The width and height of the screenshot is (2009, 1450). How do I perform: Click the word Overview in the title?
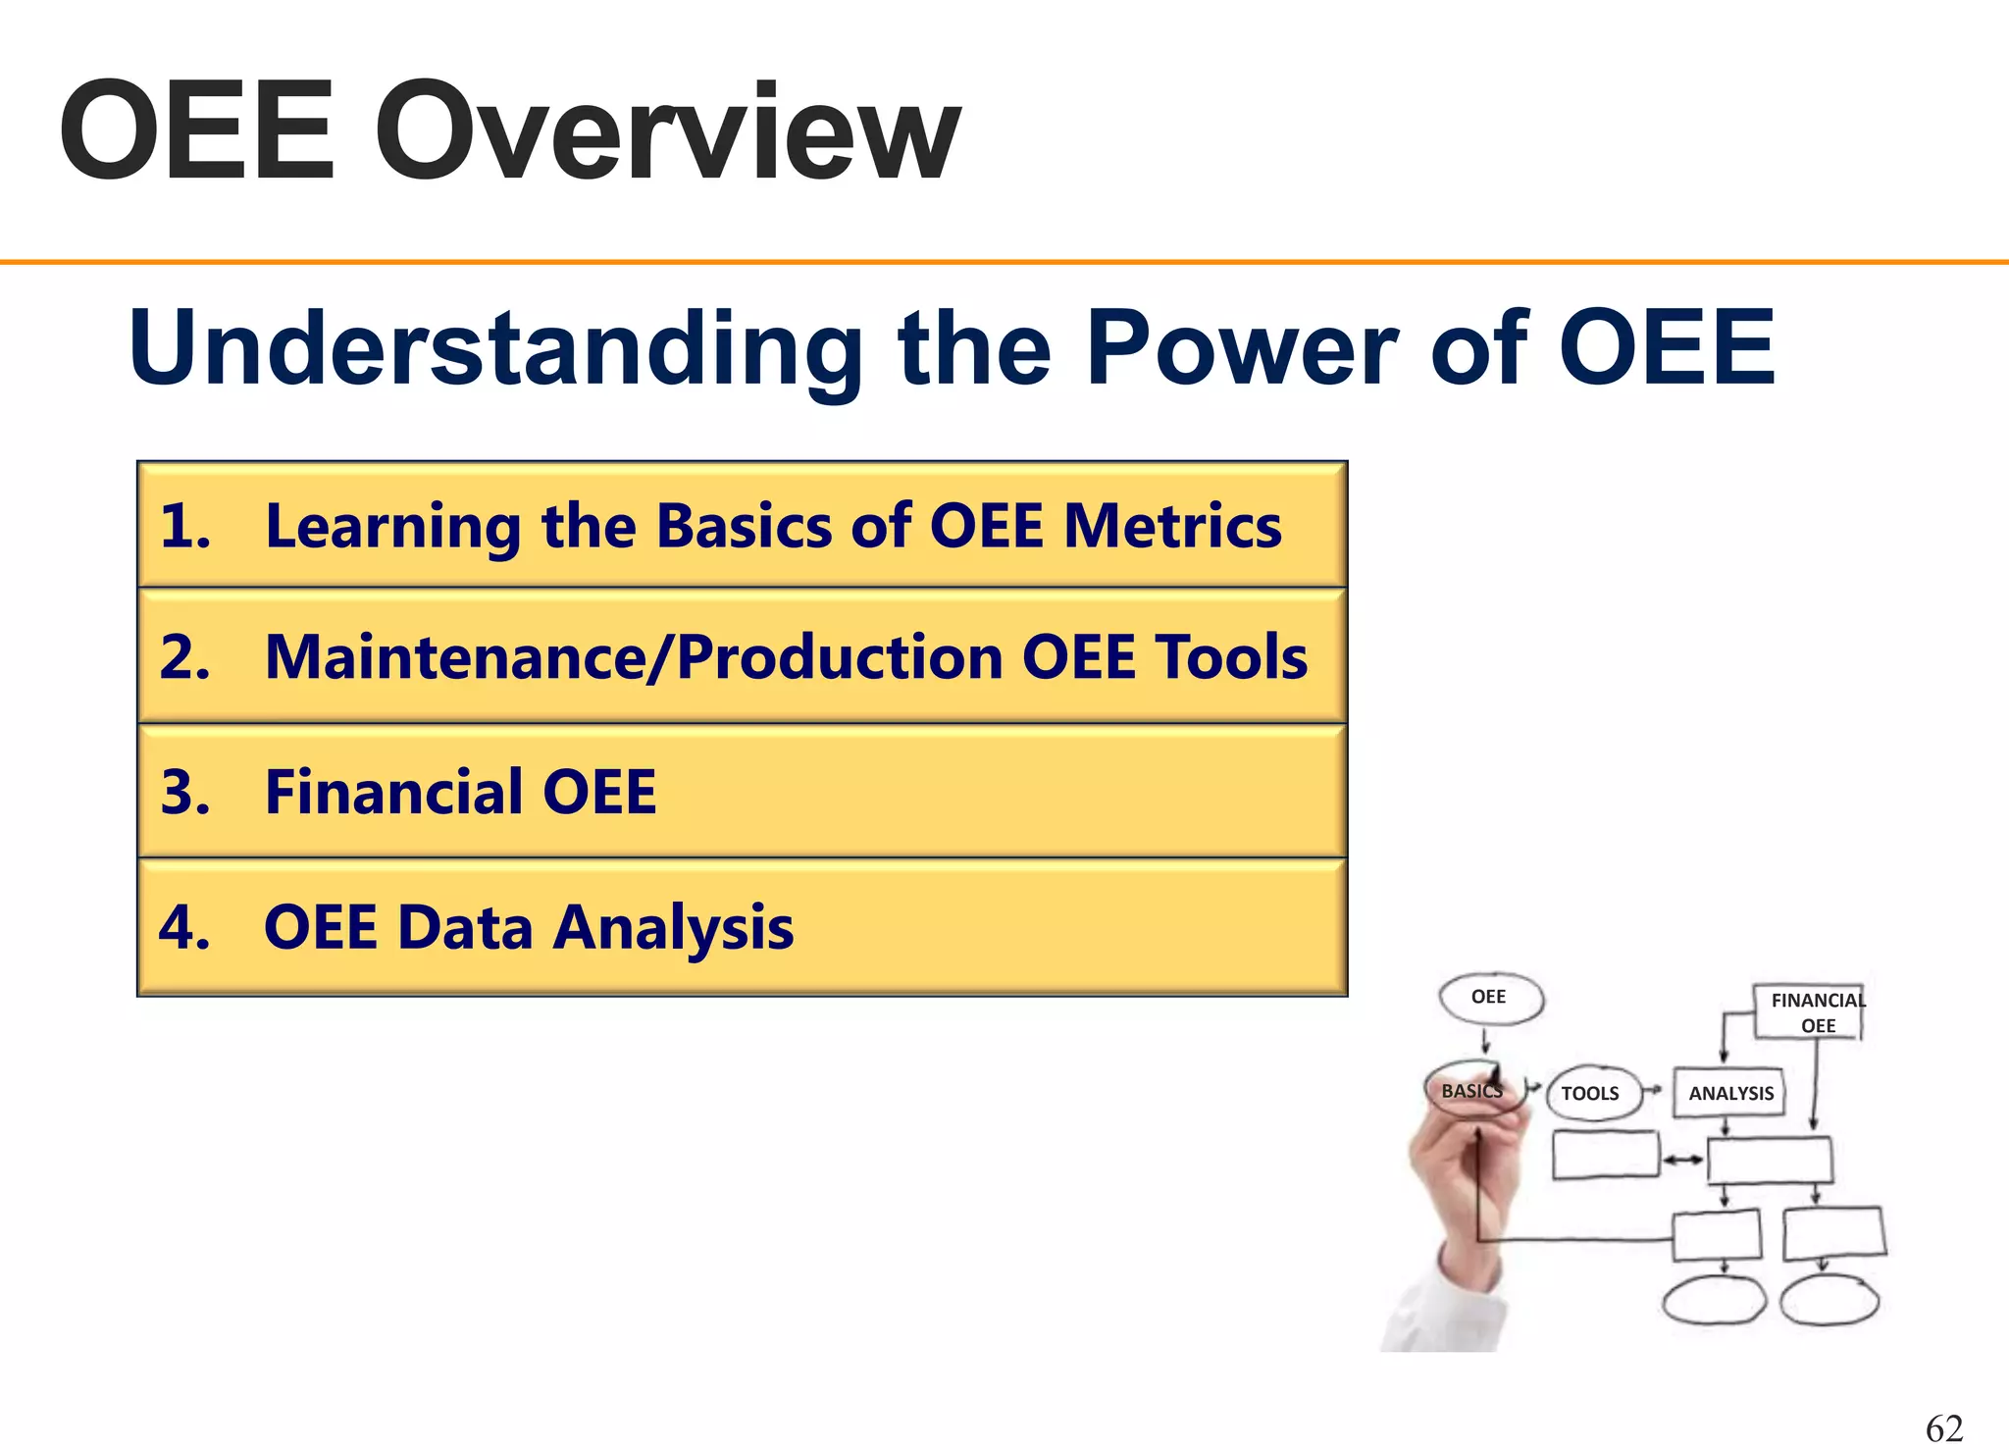tap(667, 132)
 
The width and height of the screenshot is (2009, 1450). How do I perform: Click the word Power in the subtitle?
tap(1241, 348)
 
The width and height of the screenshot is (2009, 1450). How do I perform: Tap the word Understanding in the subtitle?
tap(495, 348)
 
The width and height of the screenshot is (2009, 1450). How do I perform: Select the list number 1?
tap(184, 526)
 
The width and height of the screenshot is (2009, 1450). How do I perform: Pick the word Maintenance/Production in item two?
tap(634, 656)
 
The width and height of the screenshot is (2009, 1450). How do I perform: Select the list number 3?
tap(184, 792)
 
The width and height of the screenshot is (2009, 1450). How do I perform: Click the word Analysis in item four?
tap(673, 927)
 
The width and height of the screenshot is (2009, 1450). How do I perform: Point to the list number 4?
tap(184, 927)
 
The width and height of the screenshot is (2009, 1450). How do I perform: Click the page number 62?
tap(1944, 1427)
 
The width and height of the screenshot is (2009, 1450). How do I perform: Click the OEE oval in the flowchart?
tap(1490, 998)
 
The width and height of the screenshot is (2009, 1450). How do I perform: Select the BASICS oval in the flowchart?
tap(1471, 1090)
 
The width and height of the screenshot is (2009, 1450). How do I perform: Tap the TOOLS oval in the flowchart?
tap(1591, 1093)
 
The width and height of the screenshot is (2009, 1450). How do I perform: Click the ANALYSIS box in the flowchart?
tap(1730, 1093)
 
